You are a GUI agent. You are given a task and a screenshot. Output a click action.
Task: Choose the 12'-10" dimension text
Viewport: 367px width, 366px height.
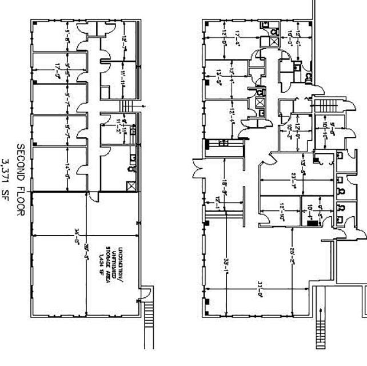(x=282, y=211)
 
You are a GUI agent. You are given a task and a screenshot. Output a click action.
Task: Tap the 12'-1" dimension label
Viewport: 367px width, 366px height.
(x=218, y=203)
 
